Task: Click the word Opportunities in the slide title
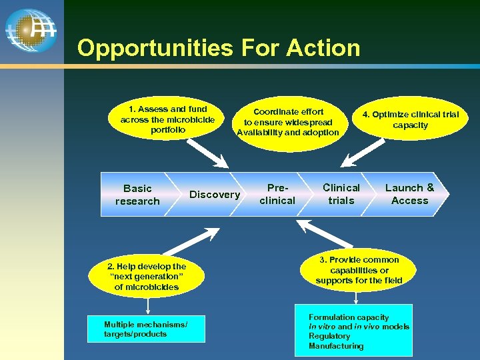point(155,48)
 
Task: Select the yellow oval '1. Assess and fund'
point(167,119)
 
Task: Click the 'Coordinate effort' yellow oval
point(288,122)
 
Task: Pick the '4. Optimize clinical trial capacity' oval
point(410,120)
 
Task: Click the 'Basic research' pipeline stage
point(137,195)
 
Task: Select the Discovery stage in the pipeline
point(214,195)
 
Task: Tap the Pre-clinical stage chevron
point(277,194)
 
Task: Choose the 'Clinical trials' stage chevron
point(341,194)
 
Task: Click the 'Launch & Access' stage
point(409,194)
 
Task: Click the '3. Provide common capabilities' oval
point(359,270)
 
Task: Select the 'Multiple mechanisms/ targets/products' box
point(146,329)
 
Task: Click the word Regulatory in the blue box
point(329,336)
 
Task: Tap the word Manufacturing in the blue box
point(336,346)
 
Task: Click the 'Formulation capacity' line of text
point(348,317)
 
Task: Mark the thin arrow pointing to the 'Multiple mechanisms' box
point(147,307)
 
